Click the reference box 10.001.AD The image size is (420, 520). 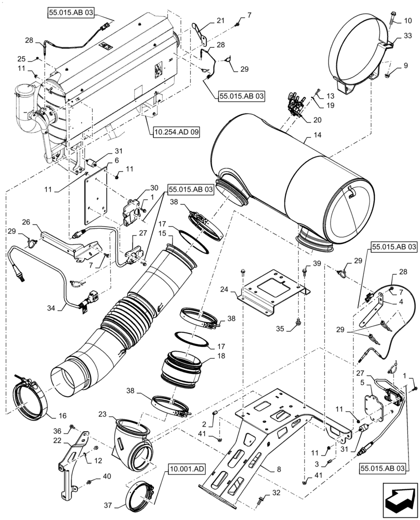tap(186, 469)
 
